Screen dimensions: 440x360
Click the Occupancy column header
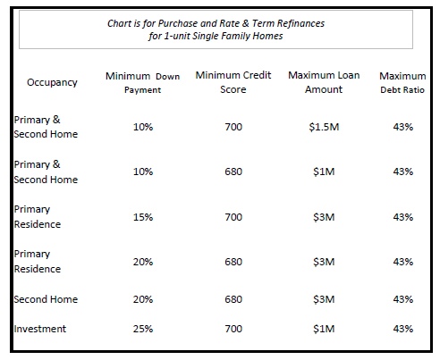click(x=52, y=82)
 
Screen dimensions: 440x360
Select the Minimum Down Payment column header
click(x=142, y=83)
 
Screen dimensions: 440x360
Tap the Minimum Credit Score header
click(x=233, y=82)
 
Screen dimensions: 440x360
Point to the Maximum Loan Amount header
click(x=324, y=82)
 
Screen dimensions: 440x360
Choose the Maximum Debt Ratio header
click(x=402, y=82)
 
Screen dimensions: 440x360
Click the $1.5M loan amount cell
click(x=324, y=127)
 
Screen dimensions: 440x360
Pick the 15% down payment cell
click(x=143, y=217)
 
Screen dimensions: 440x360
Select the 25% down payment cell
click(x=143, y=329)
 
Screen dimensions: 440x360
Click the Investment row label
click(x=40, y=329)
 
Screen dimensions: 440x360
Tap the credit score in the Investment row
click(x=233, y=329)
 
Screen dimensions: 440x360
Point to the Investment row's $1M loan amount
click(x=324, y=329)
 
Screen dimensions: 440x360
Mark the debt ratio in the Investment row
click(x=403, y=329)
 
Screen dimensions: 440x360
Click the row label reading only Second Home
click(x=46, y=299)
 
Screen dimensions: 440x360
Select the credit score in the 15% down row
click(x=233, y=217)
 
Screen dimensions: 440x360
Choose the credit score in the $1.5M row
click(x=233, y=127)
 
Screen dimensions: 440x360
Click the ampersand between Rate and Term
click(x=246, y=23)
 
